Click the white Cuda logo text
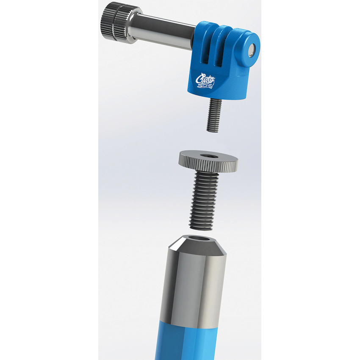[205, 78]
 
